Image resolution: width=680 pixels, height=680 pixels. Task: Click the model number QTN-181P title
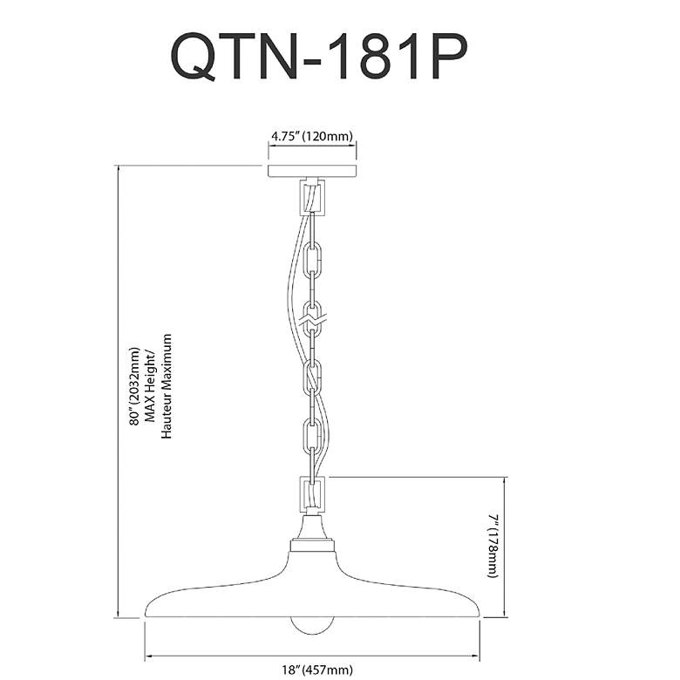[x=319, y=56]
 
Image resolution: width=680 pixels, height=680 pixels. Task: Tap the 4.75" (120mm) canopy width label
[x=312, y=136]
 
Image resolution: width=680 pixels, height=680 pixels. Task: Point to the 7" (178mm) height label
[x=494, y=546]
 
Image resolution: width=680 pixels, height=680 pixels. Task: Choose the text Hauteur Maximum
[x=167, y=386]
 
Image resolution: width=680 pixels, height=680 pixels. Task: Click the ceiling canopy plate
[x=312, y=171]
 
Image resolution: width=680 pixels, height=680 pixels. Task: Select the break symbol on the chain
[x=316, y=320]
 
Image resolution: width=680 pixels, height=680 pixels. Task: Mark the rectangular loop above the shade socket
[x=312, y=495]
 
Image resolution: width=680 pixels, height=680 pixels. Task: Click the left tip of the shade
[x=145, y=615]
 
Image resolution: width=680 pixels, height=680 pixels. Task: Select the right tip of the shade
[x=479, y=615]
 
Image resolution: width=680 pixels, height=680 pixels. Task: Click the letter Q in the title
[x=194, y=57]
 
